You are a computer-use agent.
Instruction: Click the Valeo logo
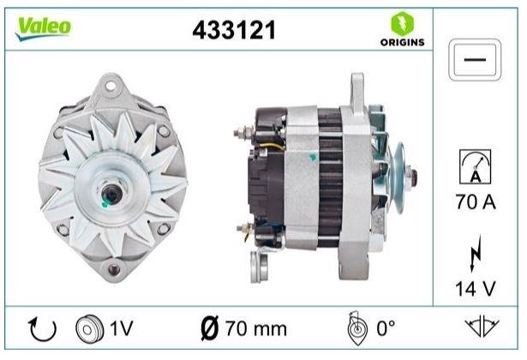pos(43,28)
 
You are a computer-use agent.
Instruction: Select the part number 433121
pos(234,30)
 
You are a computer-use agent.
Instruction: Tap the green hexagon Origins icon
pos(402,23)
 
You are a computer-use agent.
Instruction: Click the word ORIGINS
pos(402,42)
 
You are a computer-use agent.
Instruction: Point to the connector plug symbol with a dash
pos(475,60)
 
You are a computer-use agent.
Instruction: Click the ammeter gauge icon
pos(475,166)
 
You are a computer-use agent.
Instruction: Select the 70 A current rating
pos(476,202)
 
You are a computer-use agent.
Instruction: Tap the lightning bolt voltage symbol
pos(476,254)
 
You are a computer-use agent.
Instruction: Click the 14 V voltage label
pos(476,288)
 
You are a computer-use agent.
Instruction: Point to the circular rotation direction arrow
pos(43,329)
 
